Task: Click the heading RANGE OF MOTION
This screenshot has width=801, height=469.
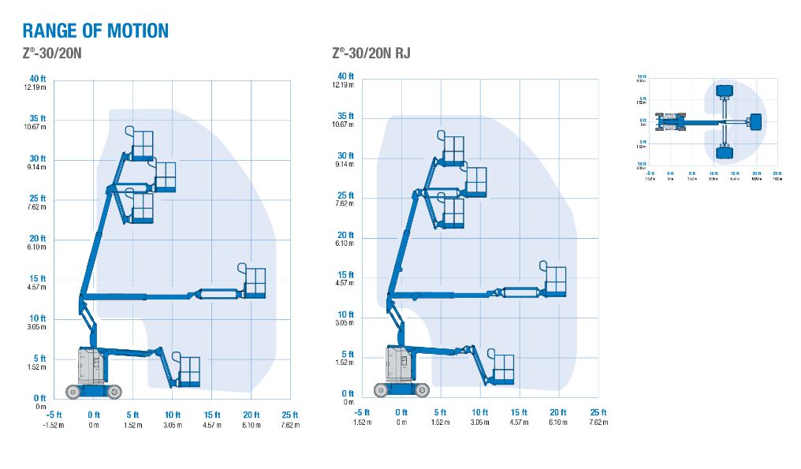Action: tap(95, 31)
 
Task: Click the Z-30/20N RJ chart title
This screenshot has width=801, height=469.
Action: tap(371, 54)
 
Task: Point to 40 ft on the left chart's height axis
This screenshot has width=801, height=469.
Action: tap(38, 79)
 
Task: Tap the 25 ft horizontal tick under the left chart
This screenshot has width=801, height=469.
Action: tap(290, 415)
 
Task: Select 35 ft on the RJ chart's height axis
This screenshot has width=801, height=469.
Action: tap(345, 116)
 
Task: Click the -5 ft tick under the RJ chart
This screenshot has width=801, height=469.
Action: tap(362, 412)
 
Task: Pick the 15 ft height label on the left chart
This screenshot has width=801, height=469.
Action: tap(38, 278)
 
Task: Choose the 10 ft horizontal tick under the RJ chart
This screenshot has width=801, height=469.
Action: tap(479, 412)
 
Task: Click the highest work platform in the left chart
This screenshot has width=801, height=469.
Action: tap(143, 144)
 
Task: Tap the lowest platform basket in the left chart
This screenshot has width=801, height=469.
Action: tap(189, 370)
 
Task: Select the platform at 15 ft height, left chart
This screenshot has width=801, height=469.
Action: tap(255, 283)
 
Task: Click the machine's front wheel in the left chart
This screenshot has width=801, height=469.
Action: tap(115, 391)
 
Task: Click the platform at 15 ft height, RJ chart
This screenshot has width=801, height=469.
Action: tap(556, 281)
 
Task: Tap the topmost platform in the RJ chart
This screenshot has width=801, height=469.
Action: tap(453, 149)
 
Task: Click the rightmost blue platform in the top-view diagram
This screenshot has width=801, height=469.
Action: tap(755, 122)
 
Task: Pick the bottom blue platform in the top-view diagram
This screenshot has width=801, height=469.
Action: tap(725, 151)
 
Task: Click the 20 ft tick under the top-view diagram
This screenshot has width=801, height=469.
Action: tap(756, 173)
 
